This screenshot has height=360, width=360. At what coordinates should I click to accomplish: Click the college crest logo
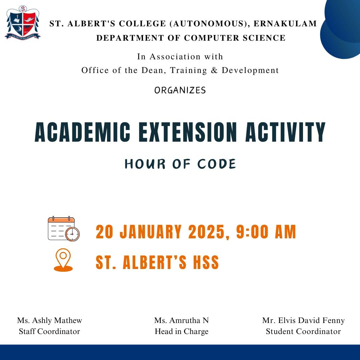point(23,23)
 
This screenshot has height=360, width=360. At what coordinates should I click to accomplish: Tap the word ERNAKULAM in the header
point(285,24)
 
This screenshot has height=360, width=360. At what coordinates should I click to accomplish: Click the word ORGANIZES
point(180,90)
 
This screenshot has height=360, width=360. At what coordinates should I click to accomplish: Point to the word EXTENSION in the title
point(188,132)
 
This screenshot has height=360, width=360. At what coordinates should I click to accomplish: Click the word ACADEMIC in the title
point(82,132)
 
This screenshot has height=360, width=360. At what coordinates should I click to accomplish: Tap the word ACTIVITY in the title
point(285,132)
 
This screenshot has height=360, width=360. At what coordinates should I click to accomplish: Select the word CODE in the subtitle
point(217,164)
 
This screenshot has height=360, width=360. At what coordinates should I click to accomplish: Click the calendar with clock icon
point(64,229)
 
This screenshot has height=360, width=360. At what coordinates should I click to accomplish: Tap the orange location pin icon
point(63,260)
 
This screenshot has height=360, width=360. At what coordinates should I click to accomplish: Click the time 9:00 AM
point(266,232)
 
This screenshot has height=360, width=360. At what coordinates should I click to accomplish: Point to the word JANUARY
point(151,232)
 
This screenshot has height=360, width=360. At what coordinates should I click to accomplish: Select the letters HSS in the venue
point(206,262)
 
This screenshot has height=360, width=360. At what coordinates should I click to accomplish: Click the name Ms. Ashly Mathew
point(49,320)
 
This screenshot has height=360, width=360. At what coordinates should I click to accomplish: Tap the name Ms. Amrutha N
point(181,320)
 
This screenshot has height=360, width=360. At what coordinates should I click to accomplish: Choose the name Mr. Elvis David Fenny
point(303,320)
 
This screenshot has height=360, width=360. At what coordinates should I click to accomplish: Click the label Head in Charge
point(181,331)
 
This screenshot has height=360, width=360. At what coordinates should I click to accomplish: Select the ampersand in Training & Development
point(214,70)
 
